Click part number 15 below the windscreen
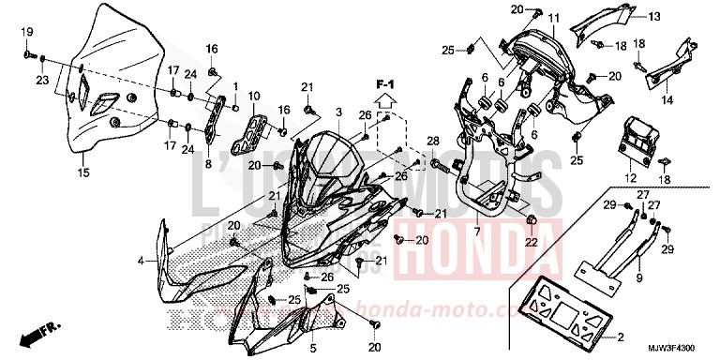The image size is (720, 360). tap(82, 172)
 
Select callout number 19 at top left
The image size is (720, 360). tap(28, 32)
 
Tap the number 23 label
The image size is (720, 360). tap(42, 81)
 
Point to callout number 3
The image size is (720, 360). tap(339, 112)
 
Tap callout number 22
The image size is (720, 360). tap(531, 243)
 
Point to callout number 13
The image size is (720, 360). tap(653, 16)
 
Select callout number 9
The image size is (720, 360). tap(638, 278)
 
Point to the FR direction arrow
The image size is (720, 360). tap(41, 331)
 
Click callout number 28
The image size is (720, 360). tap(432, 141)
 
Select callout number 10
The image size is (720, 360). tap(254, 95)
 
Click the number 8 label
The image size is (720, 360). tap(209, 162)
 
